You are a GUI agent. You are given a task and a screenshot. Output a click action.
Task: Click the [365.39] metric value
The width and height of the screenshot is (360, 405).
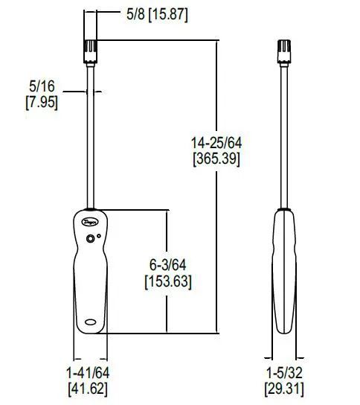click(216, 158)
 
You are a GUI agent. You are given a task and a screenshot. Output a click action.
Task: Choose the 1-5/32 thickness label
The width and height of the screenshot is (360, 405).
click(284, 372)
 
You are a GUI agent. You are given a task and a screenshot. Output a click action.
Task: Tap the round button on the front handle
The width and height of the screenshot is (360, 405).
click(91, 239)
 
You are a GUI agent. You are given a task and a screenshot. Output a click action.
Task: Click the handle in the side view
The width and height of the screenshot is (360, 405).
click(284, 275)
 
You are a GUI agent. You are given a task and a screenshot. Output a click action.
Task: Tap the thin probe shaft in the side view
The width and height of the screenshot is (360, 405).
click(284, 134)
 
